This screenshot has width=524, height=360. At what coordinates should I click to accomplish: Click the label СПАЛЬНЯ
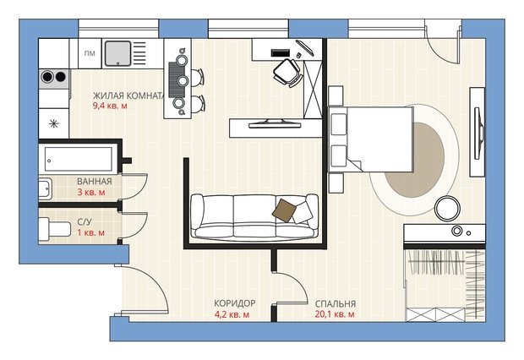(336, 304)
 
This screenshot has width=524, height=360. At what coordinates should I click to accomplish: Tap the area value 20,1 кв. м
(335, 314)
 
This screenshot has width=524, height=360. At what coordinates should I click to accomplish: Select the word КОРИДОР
(235, 303)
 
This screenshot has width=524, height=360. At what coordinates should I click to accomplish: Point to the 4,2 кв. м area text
(232, 314)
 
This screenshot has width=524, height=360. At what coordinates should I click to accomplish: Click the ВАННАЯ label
(95, 182)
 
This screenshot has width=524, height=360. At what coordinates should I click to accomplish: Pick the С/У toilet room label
(85, 222)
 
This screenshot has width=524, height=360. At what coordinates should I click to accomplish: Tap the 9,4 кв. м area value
(110, 106)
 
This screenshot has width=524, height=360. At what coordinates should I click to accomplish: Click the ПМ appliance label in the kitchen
(90, 53)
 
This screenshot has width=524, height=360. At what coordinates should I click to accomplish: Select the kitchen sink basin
(117, 53)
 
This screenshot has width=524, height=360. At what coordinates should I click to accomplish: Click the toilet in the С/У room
(54, 229)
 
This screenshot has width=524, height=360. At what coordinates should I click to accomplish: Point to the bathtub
(79, 160)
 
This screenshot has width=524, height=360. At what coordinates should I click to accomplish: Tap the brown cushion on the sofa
(284, 210)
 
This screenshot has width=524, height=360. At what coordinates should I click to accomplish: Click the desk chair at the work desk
(287, 72)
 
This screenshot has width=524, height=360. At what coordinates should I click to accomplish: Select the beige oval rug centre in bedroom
(414, 160)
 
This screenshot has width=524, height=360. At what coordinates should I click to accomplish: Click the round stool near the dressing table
(447, 208)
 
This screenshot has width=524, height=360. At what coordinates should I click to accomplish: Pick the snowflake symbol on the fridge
(53, 124)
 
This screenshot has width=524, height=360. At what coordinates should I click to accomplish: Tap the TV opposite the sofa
(275, 123)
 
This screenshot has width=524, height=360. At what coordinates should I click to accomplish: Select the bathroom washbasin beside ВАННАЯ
(45, 188)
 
